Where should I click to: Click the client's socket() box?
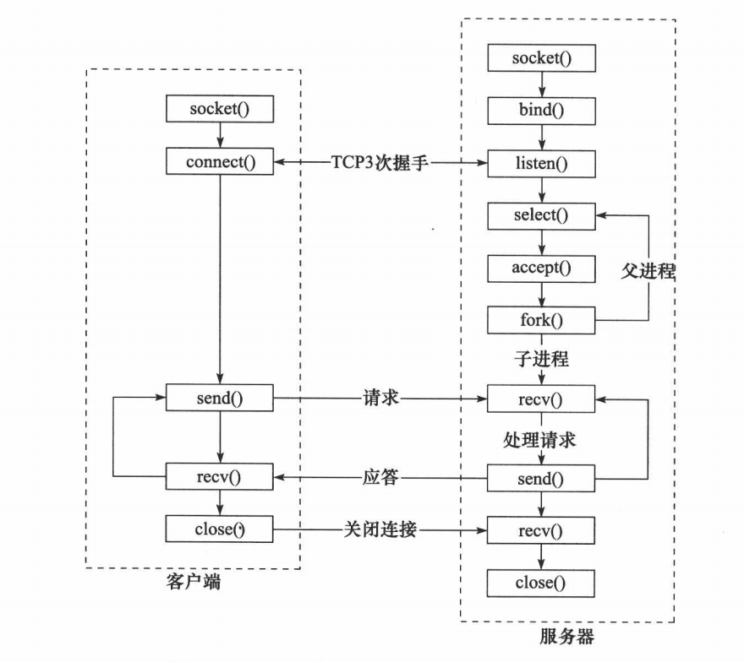(220, 109)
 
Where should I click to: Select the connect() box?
(220, 162)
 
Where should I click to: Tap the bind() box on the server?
(541, 110)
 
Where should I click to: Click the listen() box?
(541, 162)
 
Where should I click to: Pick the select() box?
(541, 215)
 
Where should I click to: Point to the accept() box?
(541, 268)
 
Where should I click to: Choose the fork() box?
(541, 321)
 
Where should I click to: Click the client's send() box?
(220, 396)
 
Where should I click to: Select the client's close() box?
(220, 529)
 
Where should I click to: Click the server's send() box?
(541, 478)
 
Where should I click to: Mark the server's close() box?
(541, 583)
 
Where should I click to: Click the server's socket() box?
(541, 57)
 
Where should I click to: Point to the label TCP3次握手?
(380, 162)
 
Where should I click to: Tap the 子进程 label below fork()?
(541, 359)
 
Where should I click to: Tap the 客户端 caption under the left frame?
(194, 581)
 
